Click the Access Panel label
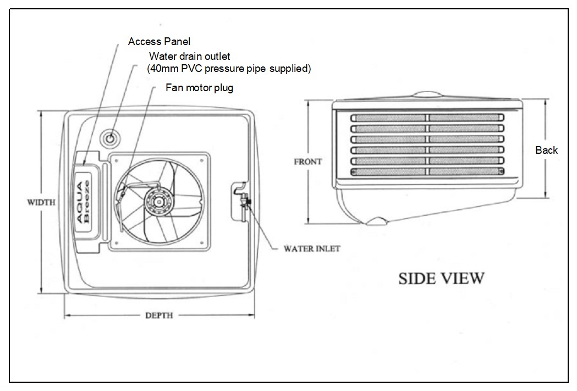[x=159, y=41]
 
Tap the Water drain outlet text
[x=190, y=56]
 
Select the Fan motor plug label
[x=199, y=88]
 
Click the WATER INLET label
[x=312, y=248]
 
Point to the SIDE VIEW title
[x=442, y=278]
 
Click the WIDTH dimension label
[x=41, y=202]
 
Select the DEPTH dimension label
[x=159, y=315]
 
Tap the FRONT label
[x=308, y=162]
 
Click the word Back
[x=546, y=150]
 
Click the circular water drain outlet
[x=111, y=137]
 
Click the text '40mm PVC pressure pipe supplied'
[x=229, y=69]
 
